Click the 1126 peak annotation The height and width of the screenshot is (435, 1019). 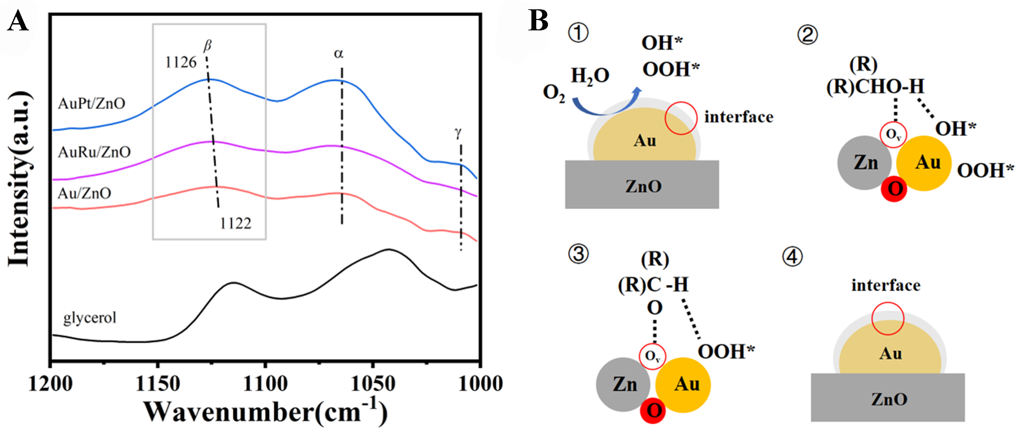coord(181,62)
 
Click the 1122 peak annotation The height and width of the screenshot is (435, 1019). coord(236,224)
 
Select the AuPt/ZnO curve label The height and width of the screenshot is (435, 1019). coord(91,104)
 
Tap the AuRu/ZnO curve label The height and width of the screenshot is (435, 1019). coord(94,152)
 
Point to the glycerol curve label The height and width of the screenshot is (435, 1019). coord(90,317)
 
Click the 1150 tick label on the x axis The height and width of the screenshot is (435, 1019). coord(157,384)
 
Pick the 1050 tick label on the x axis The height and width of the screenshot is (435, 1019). coord(373,384)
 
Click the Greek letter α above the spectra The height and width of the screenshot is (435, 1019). coord(339,54)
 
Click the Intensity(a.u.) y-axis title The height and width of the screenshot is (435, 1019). coord(19,178)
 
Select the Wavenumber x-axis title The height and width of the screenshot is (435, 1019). coord(265,413)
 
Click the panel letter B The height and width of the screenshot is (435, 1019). coord(538,21)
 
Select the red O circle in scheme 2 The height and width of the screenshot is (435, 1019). coord(894,190)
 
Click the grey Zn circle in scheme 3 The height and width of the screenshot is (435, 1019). coord(624,384)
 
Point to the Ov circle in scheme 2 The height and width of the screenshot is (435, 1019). coord(893,135)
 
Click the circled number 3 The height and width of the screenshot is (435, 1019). coord(578,254)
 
